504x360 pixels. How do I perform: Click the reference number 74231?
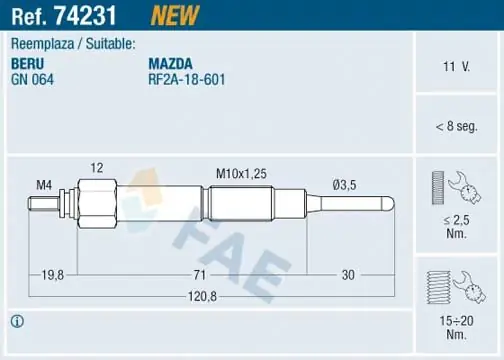click(85, 15)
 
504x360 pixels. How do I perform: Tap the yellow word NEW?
click(174, 15)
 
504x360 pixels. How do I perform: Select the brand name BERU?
click(27, 64)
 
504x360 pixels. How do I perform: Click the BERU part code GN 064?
click(32, 80)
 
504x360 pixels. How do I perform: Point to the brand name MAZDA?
click(170, 64)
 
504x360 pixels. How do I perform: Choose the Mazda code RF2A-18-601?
click(187, 80)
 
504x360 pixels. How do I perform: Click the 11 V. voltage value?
click(456, 67)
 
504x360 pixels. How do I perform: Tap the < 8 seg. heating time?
click(456, 126)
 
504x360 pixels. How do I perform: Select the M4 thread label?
click(44, 185)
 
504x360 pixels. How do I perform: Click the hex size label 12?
click(97, 168)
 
